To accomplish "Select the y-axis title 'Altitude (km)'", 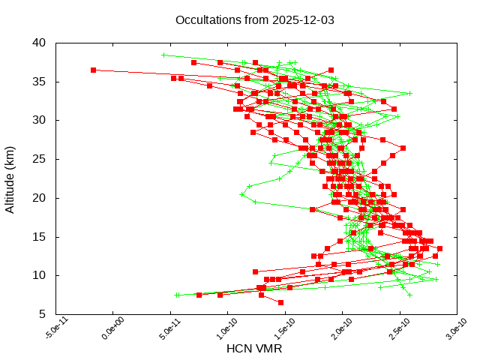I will (10, 178).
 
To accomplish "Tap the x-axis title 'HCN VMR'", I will (253, 349).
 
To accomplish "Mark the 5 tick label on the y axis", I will (43, 315).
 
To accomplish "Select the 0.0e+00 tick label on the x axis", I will (104, 329).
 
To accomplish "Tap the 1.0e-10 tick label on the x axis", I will (218, 329).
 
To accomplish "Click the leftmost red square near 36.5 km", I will (94, 70).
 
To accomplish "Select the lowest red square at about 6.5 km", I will (280, 302).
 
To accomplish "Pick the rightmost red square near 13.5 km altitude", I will (439, 248).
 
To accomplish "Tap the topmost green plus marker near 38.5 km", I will (164, 55).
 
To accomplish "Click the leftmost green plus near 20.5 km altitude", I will (241, 194).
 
